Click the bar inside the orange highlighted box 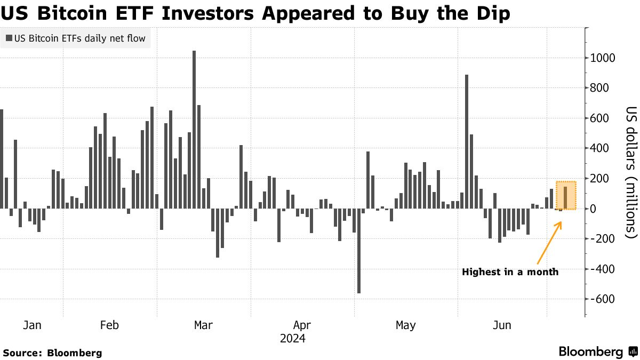[x=565, y=197]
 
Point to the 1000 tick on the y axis [x=602, y=58]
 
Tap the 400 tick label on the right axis [x=599, y=148]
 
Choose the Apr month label [x=302, y=325]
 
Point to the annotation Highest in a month [x=510, y=272]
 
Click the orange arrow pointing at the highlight [x=549, y=243]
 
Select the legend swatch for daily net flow [x=9, y=38]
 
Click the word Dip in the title [x=491, y=13]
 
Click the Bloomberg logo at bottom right [x=597, y=351]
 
